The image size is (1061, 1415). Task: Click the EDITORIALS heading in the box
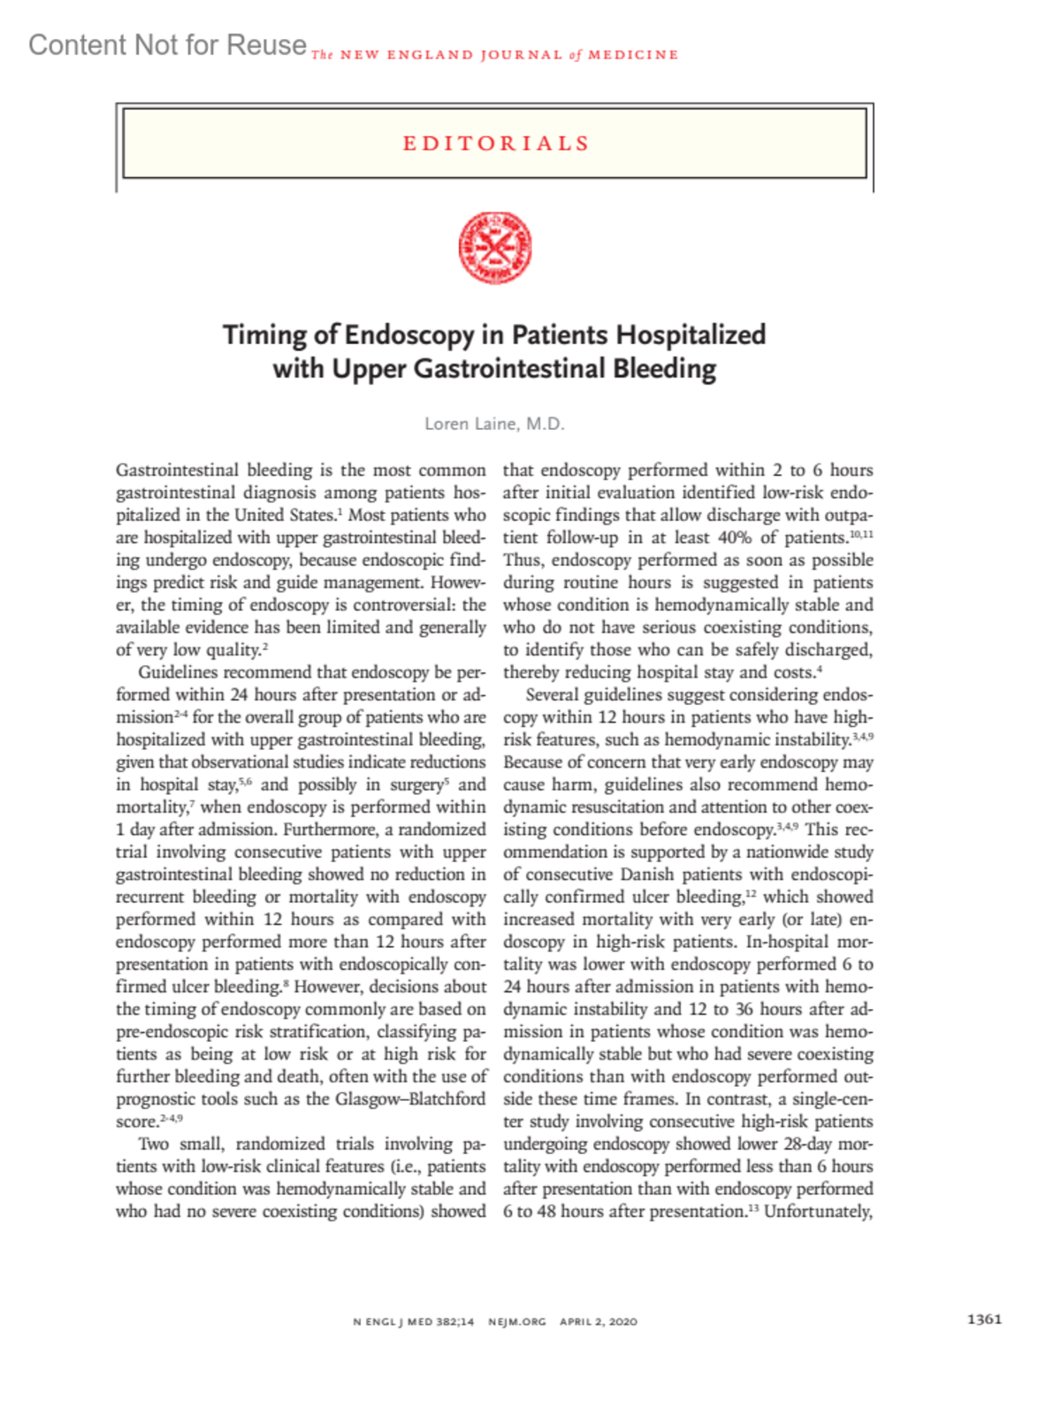[496, 143]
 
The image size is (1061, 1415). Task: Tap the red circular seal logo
[495, 248]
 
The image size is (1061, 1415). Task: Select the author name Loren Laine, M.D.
[494, 424]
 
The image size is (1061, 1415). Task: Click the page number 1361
[984, 1319]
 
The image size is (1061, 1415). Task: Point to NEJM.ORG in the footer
[517, 1321]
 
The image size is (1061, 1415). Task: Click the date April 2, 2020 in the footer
[599, 1321]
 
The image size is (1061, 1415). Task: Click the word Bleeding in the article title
[664, 369]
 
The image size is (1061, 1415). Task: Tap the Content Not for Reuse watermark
[167, 44]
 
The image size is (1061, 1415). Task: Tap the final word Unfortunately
[819, 1212]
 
